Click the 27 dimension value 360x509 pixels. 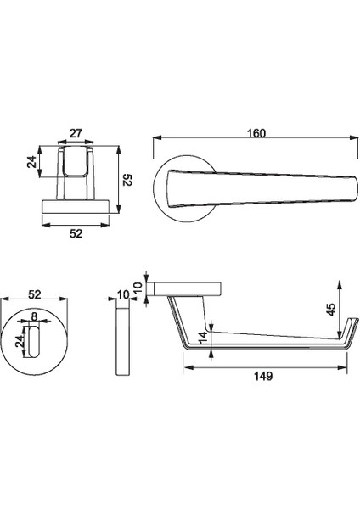[x=75, y=132]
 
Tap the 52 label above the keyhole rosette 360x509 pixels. [x=35, y=294]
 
